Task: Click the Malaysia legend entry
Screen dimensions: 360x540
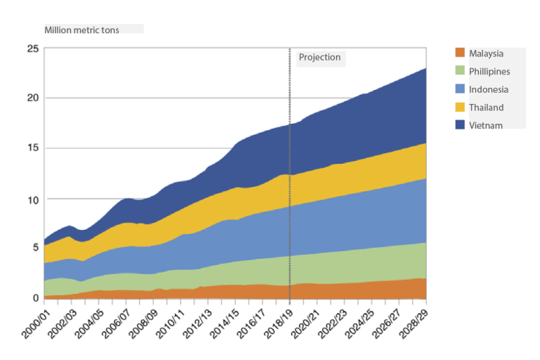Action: (x=486, y=53)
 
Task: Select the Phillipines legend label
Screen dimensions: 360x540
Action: (x=489, y=72)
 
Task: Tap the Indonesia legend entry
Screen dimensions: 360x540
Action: (x=488, y=89)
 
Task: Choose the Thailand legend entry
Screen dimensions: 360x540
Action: (x=486, y=108)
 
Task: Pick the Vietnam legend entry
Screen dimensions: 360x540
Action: (x=485, y=125)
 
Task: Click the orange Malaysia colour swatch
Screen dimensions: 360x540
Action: (x=461, y=53)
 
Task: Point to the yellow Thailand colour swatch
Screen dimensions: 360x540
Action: (x=461, y=107)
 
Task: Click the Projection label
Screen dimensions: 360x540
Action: (x=320, y=58)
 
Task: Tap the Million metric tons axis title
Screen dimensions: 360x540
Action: (x=82, y=30)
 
